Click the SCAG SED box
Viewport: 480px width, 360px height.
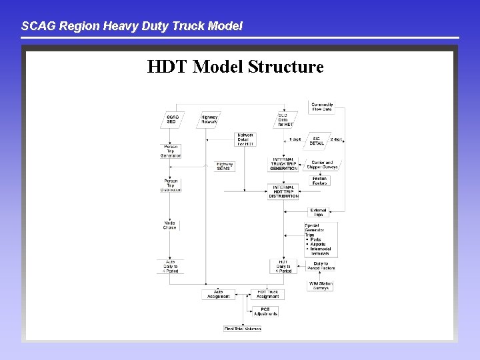pos(171,119)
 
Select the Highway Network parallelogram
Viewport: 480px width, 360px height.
pos(209,119)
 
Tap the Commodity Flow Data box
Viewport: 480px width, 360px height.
pos(323,107)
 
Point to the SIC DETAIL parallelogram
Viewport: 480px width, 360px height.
pos(317,141)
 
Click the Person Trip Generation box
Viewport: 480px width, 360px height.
pos(171,151)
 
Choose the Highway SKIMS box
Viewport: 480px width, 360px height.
pos(225,166)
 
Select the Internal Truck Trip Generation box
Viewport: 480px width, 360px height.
pos(285,164)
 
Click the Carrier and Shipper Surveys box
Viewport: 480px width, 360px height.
pos(325,165)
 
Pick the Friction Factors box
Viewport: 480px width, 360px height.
pos(321,181)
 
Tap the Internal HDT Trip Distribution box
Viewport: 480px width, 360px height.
pos(285,191)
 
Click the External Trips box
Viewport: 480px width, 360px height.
pos(318,212)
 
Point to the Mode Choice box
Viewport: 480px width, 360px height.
pos(170,225)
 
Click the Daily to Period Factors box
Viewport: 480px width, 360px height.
pos(324,266)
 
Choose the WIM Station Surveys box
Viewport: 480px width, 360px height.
pos(321,285)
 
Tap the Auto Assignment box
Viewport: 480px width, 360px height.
pos(218,293)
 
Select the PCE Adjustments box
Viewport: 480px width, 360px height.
pos(265,311)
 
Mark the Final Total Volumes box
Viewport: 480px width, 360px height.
pos(243,328)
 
